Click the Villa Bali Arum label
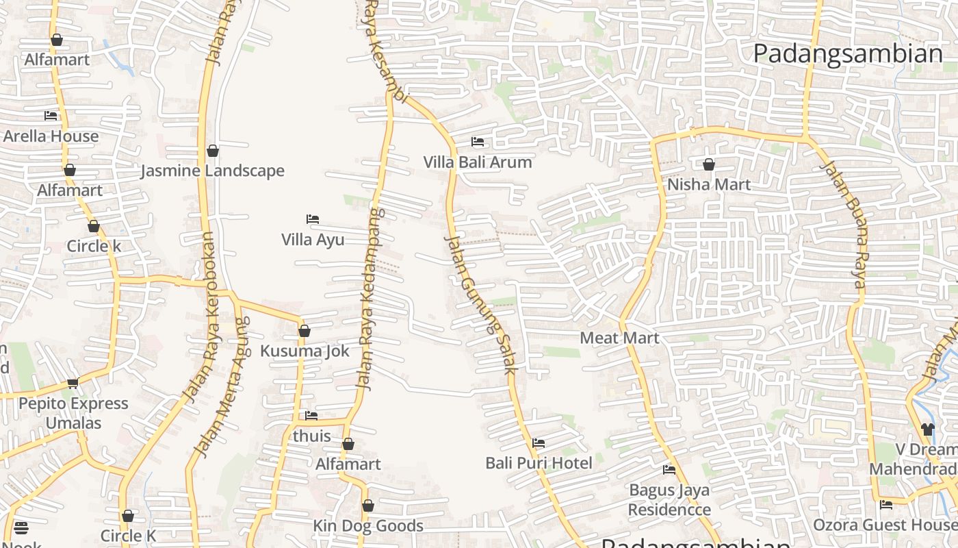(x=477, y=162)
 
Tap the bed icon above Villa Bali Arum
(x=478, y=142)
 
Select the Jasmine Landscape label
(x=212, y=171)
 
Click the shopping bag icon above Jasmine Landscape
(x=213, y=151)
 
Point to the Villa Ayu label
(x=313, y=240)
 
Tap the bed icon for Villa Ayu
(x=313, y=219)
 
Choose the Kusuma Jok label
(x=305, y=351)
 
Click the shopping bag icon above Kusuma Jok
(x=305, y=332)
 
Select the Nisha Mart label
(x=709, y=184)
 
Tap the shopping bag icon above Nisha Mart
(x=709, y=164)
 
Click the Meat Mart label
(x=619, y=338)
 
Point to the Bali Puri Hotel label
(x=539, y=463)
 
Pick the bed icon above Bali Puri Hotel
(x=539, y=443)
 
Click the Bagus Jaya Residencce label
(x=669, y=500)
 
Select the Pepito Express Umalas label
(x=73, y=413)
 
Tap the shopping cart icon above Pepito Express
(x=73, y=383)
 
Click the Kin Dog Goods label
(x=368, y=526)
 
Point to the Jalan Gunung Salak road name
(x=479, y=304)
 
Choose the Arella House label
(x=51, y=136)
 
